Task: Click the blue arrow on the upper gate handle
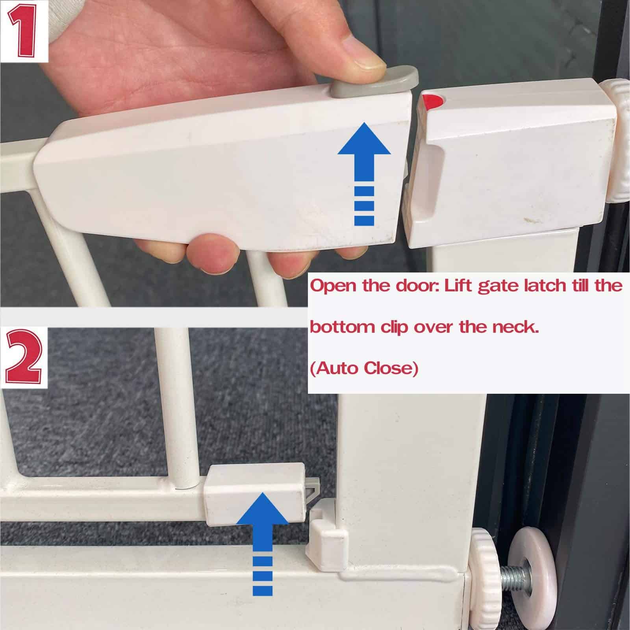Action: pos(364,173)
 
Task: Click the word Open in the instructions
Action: pos(334,286)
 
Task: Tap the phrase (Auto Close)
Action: pos(364,369)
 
